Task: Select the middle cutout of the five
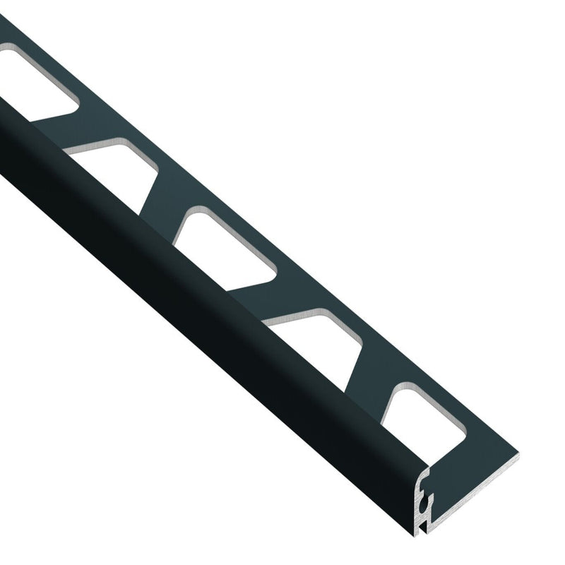(226, 247)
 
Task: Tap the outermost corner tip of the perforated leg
(518, 456)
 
